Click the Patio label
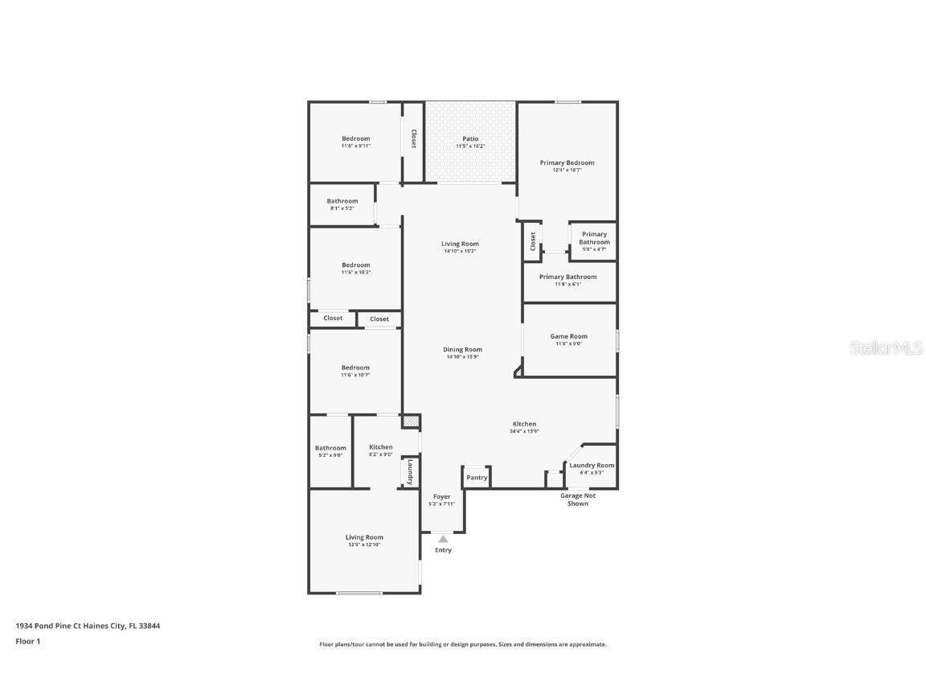(x=470, y=138)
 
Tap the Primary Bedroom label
(x=567, y=162)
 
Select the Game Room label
(x=568, y=336)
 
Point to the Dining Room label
(x=462, y=349)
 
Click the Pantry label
(x=477, y=478)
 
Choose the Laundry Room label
(x=592, y=465)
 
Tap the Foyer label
(x=442, y=496)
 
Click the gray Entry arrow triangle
(x=443, y=539)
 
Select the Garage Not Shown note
(x=578, y=500)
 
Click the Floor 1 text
(x=27, y=641)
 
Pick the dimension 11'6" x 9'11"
(x=355, y=146)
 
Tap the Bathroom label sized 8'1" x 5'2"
(x=342, y=201)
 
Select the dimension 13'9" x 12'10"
(x=364, y=545)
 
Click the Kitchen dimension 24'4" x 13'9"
(x=524, y=431)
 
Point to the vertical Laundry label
(x=409, y=471)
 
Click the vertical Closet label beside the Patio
(x=414, y=139)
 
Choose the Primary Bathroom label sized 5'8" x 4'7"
(x=595, y=238)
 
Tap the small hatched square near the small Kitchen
(x=411, y=421)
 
